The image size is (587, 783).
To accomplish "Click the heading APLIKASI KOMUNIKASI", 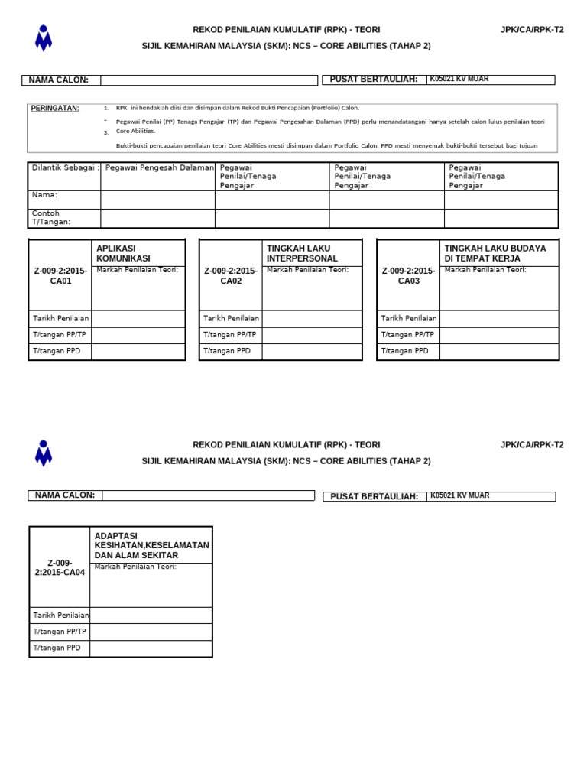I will point(123,253).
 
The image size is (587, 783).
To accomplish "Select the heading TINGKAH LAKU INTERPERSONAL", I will point(302,253).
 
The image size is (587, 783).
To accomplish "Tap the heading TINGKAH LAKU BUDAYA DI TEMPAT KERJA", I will point(495,253).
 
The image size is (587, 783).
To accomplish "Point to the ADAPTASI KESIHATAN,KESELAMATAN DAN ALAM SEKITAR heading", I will point(151,545).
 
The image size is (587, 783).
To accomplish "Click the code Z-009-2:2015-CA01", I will point(60,276).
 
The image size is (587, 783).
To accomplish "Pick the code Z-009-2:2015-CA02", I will point(231,276).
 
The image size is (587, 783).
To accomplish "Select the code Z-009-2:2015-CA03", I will point(408,276).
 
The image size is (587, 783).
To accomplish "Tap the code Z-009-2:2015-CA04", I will point(60,567).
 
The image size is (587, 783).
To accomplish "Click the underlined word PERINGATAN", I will point(54,108).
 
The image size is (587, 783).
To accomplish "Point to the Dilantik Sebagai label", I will point(65,167).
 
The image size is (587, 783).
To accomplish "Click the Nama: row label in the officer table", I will point(44,195).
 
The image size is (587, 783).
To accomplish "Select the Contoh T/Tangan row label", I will point(51,218).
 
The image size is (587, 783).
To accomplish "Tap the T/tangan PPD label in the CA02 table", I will point(226,351).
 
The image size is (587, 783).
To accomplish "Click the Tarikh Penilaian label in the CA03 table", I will point(409,318).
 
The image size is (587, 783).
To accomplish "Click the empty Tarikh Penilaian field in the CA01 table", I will point(138,318).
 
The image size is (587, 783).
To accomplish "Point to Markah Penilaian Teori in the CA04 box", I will point(135,567).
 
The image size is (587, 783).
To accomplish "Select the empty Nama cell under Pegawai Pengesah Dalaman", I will point(157,200).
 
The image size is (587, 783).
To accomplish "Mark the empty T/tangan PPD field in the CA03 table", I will point(499,351).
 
